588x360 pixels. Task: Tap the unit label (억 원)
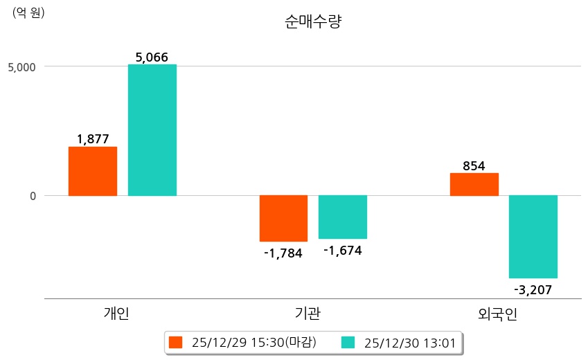coord(28,12)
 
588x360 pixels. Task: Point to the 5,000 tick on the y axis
coord(23,67)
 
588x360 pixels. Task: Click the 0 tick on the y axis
coord(32,196)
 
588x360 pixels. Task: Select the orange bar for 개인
coord(93,171)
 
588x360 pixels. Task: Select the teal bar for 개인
coord(152,130)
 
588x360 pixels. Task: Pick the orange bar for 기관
coord(283,218)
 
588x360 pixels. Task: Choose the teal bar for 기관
coord(343,217)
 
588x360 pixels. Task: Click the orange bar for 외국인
coord(474,184)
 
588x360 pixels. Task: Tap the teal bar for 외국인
coord(533,237)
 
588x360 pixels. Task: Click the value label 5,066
coord(152,57)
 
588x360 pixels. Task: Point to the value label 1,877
coord(93,139)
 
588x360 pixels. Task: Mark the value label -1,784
coord(283,253)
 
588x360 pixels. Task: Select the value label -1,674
coord(343,250)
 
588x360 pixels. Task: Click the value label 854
coord(474,166)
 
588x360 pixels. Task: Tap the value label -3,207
coord(533,289)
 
